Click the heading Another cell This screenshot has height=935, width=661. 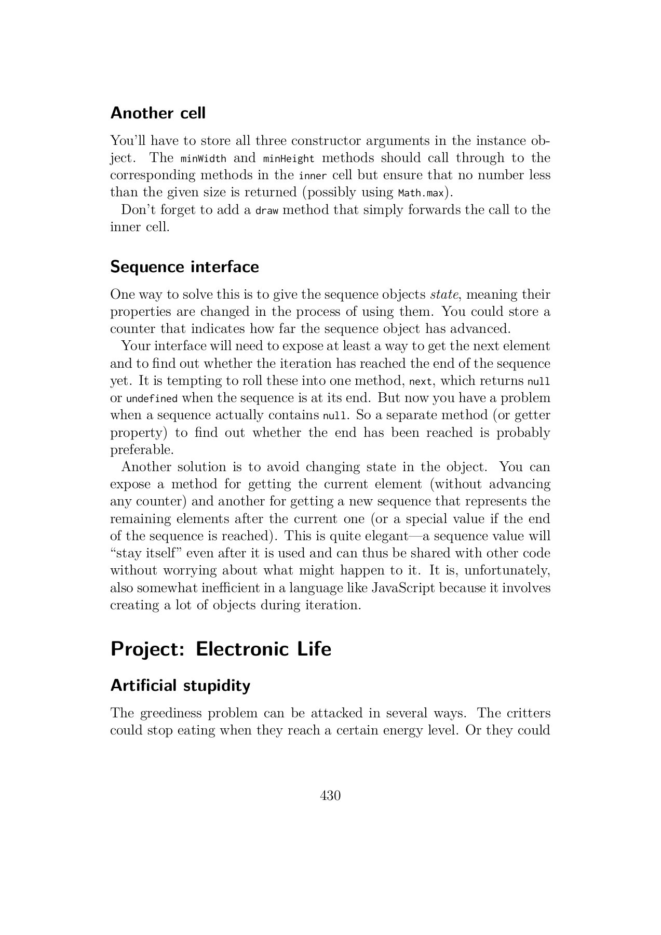pos(158,113)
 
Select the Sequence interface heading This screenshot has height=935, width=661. pos(184,266)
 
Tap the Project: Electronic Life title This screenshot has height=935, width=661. pos(221,649)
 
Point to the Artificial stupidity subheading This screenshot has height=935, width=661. pos(180,685)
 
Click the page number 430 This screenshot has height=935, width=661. pos(330,795)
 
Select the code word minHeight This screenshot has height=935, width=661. pos(289,158)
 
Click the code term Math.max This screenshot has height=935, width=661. pos(421,193)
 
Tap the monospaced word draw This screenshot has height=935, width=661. pos(267,210)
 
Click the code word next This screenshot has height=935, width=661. pos(421,381)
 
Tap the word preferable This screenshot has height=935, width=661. pos(142,450)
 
